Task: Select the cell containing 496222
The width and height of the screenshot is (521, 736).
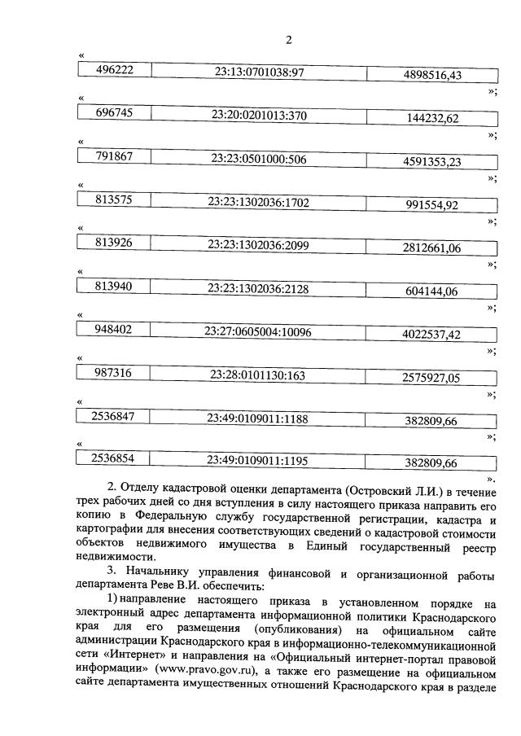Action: pyautogui.click(x=115, y=72)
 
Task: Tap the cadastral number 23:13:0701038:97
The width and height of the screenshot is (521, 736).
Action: pyautogui.click(x=259, y=72)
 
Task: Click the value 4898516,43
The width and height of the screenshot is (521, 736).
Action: pyautogui.click(x=432, y=75)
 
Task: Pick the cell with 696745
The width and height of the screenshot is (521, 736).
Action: pyautogui.click(x=115, y=115)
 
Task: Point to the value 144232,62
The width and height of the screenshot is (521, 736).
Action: pyautogui.click(x=432, y=118)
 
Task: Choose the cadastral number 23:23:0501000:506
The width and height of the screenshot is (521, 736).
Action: pyautogui.click(x=259, y=159)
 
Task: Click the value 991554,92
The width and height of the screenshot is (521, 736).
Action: pyautogui.click(x=432, y=204)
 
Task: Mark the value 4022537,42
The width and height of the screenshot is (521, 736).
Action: pyautogui.click(x=432, y=335)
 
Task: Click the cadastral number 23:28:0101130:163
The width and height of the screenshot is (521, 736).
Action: pyautogui.click(x=259, y=375)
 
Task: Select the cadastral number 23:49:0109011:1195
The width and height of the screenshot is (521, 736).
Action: pyautogui.click(x=259, y=461)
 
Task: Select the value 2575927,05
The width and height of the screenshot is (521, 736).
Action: pyautogui.click(x=432, y=378)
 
